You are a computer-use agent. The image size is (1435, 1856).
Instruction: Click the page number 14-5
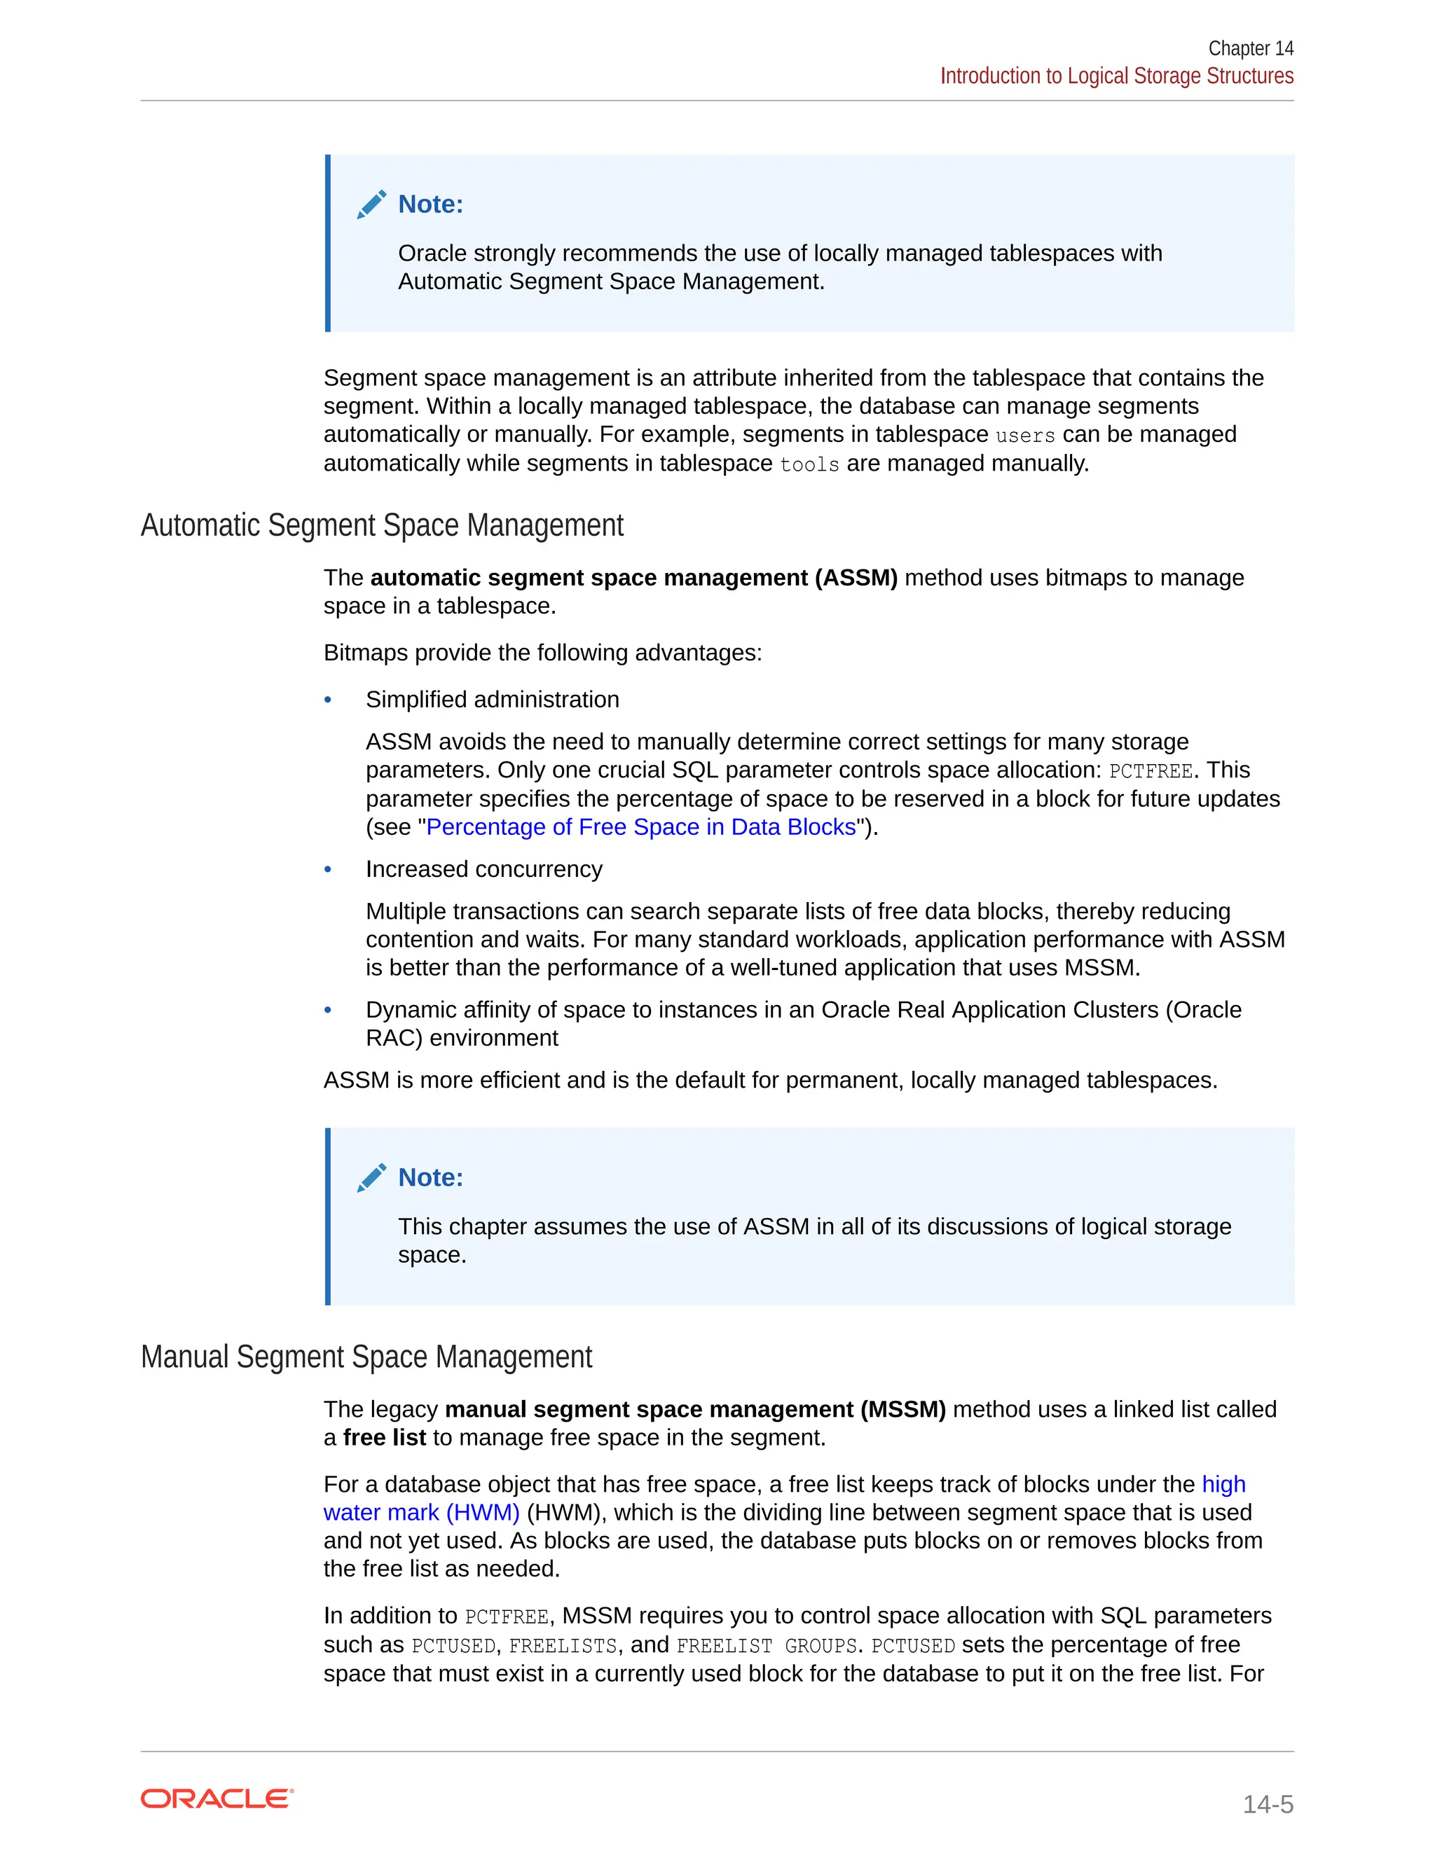[1268, 1804]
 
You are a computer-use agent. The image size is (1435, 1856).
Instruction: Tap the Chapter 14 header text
[1251, 48]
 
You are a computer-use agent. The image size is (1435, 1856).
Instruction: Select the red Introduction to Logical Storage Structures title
[1116, 76]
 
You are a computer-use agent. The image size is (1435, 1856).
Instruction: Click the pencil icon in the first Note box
[371, 205]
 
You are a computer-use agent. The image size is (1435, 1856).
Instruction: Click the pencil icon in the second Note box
[371, 1178]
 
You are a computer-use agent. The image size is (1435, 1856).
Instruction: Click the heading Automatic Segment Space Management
[382, 525]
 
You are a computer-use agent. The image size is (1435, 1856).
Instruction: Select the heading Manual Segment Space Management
[366, 1357]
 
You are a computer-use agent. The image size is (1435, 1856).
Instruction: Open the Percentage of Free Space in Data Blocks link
[640, 827]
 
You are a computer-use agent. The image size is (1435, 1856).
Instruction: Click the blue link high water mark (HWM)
[421, 1513]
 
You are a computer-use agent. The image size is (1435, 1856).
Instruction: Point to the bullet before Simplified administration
[328, 700]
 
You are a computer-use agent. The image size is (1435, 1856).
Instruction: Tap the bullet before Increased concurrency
[328, 869]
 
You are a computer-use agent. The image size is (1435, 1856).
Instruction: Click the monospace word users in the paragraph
[1025, 436]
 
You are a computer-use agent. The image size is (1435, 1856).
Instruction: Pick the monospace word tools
[809, 465]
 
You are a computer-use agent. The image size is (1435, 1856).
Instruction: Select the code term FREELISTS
[563, 1646]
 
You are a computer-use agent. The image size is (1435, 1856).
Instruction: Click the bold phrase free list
[384, 1438]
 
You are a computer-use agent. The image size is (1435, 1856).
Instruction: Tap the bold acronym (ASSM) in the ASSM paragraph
[856, 578]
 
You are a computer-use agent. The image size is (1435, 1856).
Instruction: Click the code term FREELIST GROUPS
[766, 1646]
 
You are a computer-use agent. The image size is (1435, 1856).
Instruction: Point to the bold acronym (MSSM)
[902, 1410]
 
